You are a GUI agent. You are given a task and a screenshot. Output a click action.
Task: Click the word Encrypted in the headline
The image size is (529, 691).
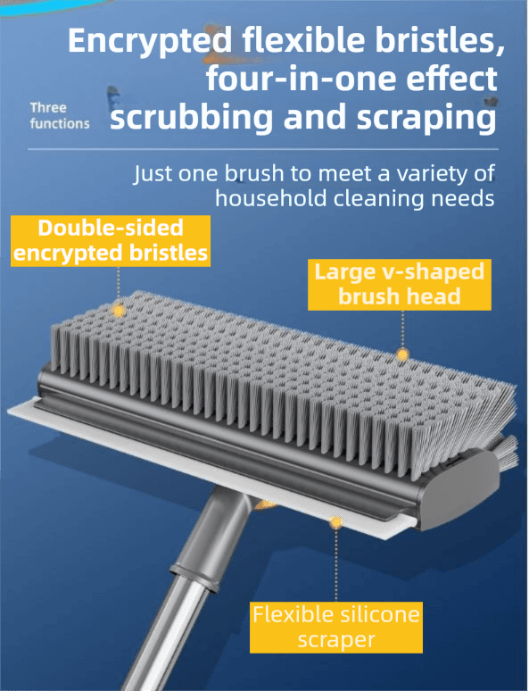coord(150,41)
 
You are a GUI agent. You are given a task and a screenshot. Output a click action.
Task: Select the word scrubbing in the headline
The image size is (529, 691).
coord(191,118)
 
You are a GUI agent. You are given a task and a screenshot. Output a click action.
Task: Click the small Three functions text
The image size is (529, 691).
coord(60,115)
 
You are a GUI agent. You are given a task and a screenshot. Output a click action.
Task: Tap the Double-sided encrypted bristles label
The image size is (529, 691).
coord(111,241)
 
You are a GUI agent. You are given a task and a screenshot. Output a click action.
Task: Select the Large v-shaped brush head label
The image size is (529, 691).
coord(399,284)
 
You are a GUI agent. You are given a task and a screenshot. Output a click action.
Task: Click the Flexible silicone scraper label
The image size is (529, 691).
coord(336,627)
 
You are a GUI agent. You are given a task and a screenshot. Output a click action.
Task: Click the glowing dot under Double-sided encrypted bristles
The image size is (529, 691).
coord(119,311)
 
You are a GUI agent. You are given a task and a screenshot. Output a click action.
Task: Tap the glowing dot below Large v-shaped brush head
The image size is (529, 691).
coord(401,354)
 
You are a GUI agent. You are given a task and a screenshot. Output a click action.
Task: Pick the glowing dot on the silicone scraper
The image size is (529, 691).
coord(335,522)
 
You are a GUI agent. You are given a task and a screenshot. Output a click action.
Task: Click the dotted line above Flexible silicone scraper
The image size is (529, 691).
coord(335,565)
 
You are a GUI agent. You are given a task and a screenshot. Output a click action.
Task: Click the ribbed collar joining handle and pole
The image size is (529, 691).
coord(195,575)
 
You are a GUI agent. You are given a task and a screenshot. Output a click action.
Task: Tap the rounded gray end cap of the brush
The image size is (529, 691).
coord(459,489)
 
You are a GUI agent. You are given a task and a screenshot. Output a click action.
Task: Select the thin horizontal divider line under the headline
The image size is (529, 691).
coord(262,149)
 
